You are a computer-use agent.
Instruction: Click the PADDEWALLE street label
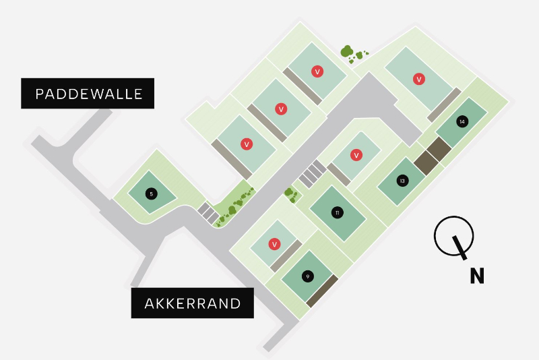click(88, 94)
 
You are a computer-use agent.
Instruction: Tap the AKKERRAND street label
click(192, 303)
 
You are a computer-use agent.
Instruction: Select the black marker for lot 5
click(152, 194)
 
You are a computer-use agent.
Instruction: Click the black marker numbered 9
click(307, 276)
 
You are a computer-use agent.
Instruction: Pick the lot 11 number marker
click(337, 213)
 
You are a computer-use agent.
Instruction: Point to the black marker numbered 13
click(402, 181)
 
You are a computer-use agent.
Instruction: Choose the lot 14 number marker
click(462, 122)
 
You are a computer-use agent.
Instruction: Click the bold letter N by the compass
click(477, 276)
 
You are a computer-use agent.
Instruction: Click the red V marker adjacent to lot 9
click(274, 244)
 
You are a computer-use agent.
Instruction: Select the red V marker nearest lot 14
click(419, 80)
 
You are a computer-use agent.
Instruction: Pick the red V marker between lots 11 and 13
click(356, 155)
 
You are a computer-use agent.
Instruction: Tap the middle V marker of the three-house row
click(281, 109)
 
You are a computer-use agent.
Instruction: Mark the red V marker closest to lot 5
click(247, 144)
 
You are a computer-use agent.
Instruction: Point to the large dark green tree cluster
click(347, 51)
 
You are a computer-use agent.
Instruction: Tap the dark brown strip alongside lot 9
click(322, 291)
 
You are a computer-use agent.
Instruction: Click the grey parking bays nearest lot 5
click(207, 212)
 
